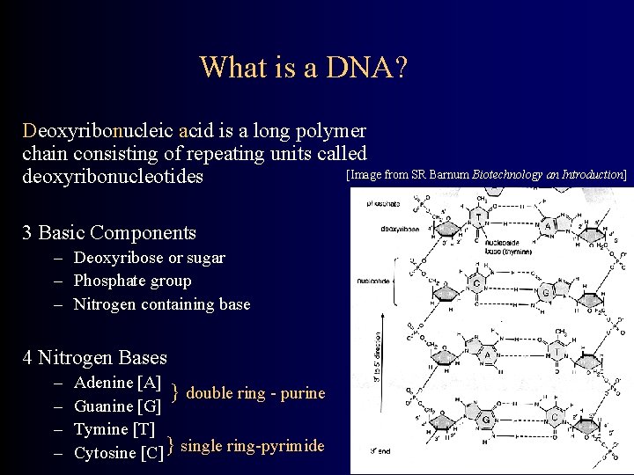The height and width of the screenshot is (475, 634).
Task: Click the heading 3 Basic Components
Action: pos(109,233)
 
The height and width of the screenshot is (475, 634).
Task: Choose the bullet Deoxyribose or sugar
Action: pos(149,258)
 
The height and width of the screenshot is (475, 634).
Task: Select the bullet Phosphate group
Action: pos(132,281)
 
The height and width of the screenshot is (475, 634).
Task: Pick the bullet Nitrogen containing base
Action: pos(162,304)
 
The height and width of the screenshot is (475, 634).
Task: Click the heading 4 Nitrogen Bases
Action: pos(94,358)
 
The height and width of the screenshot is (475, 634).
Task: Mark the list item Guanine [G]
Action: pos(118,406)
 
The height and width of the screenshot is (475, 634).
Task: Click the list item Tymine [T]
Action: pos(114,429)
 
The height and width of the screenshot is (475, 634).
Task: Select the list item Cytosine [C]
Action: pos(119,453)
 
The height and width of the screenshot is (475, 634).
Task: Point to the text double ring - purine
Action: pos(255,393)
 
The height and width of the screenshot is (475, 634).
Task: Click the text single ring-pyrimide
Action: pos(252,446)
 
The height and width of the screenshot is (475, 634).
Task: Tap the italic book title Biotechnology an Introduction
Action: pos(548,175)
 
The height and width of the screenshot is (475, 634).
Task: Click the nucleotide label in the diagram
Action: pos(373,282)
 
